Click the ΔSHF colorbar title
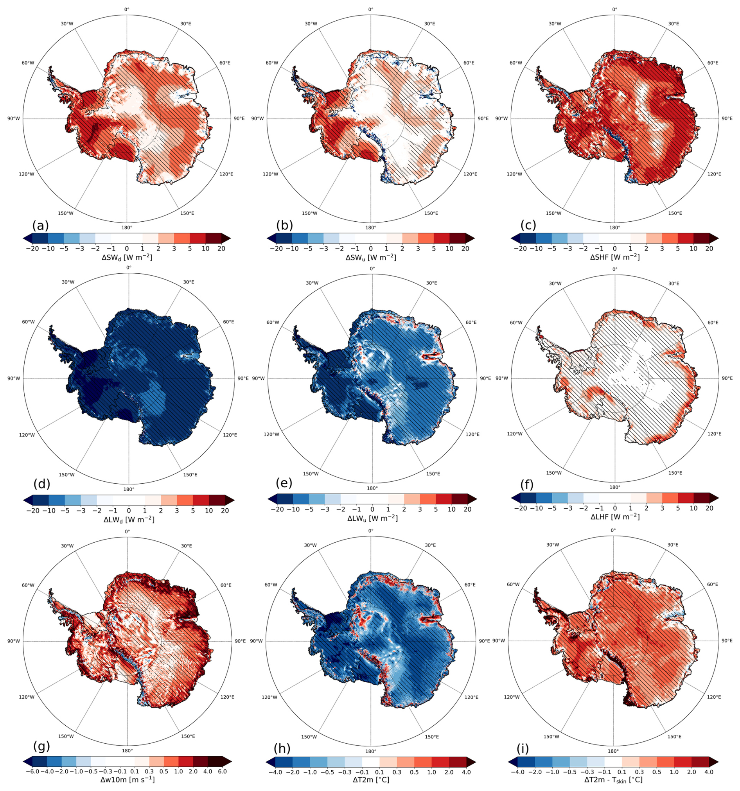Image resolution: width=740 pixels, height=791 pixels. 614,257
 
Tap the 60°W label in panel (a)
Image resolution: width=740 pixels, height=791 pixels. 28,63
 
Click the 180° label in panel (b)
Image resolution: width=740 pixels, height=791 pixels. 371,228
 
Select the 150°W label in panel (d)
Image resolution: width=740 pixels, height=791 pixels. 66,475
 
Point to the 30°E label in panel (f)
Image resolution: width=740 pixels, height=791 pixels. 673,283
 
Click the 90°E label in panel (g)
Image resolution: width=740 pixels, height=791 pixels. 240,641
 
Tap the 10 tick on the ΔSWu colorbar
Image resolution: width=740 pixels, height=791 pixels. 449,249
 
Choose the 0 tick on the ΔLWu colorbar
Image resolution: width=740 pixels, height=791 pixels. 372,509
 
